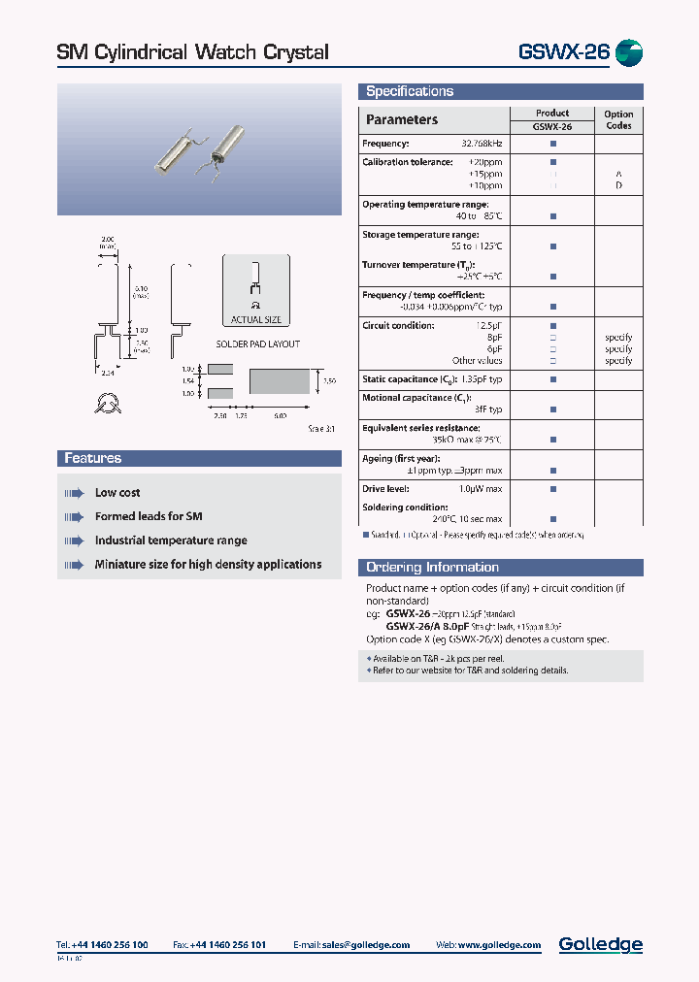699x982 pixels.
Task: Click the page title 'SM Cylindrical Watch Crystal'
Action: (x=192, y=52)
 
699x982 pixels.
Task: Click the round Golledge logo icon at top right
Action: (x=629, y=53)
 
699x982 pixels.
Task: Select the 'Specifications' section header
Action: (x=410, y=92)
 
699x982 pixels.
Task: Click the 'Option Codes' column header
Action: (x=618, y=119)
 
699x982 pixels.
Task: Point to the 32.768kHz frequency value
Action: (x=482, y=144)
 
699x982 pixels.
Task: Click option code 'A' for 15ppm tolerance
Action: (x=618, y=174)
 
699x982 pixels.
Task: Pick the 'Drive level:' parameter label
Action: (x=385, y=489)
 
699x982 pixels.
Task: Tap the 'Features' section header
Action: (x=93, y=459)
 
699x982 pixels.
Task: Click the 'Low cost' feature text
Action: (x=117, y=493)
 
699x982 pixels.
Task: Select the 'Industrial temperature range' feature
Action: (x=171, y=540)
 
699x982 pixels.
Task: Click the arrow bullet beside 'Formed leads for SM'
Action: (x=75, y=517)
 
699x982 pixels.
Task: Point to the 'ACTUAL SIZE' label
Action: (x=255, y=319)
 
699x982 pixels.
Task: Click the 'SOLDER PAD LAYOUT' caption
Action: (x=257, y=344)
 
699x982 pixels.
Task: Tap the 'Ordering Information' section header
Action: (x=432, y=568)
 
